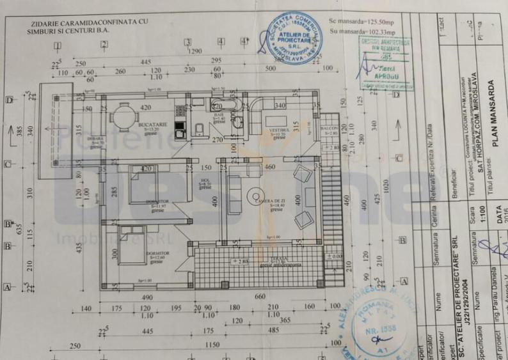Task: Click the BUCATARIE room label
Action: (x=151, y=125)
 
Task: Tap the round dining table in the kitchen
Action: (x=123, y=117)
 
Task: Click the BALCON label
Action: (x=329, y=128)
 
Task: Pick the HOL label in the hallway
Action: (x=205, y=180)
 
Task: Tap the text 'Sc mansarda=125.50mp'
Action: (x=361, y=21)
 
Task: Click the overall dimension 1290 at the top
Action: (x=194, y=51)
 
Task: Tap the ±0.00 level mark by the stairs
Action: (x=335, y=256)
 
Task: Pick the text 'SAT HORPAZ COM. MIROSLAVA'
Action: (x=474, y=129)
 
